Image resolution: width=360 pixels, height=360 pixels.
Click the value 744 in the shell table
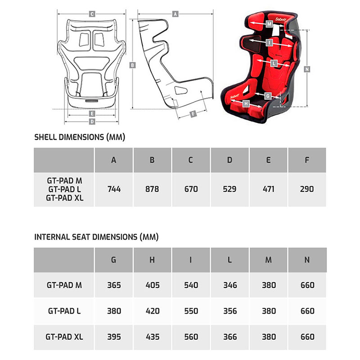(x=114, y=189)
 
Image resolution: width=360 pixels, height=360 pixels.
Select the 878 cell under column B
(x=153, y=189)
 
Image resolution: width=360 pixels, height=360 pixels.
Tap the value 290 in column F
(x=307, y=189)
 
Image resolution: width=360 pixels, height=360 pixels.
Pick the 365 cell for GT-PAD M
(x=114, y=285)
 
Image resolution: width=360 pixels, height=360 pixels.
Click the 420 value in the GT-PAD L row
(x=153, y=310)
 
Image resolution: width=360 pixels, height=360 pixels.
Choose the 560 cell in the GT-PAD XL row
(x=191, y=336)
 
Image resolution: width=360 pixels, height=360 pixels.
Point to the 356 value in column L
(x=230, y=310)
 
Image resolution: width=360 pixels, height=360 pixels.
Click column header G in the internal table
(x=114, y=260)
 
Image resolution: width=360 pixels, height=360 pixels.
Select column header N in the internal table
(x=307, y=260)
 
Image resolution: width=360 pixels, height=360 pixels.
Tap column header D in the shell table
(x=230, y=160)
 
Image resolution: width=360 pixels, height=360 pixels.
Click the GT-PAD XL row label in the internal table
(x=64, y=336)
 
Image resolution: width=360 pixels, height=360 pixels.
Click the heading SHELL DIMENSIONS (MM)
(x=80, y=137)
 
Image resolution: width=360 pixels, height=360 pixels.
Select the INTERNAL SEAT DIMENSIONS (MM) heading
(x=96, y=237)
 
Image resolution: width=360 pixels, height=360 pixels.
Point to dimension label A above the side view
(x=175, y=14)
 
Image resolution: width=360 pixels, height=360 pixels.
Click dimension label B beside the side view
(x=132, y=65)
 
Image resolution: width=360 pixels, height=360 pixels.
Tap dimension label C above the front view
(x=91, y=14)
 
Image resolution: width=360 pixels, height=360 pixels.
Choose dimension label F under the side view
(x=193, y=114)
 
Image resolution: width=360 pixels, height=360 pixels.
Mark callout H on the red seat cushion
(x=246, y=103)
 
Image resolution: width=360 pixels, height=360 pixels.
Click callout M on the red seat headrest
(x=269, y=23)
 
